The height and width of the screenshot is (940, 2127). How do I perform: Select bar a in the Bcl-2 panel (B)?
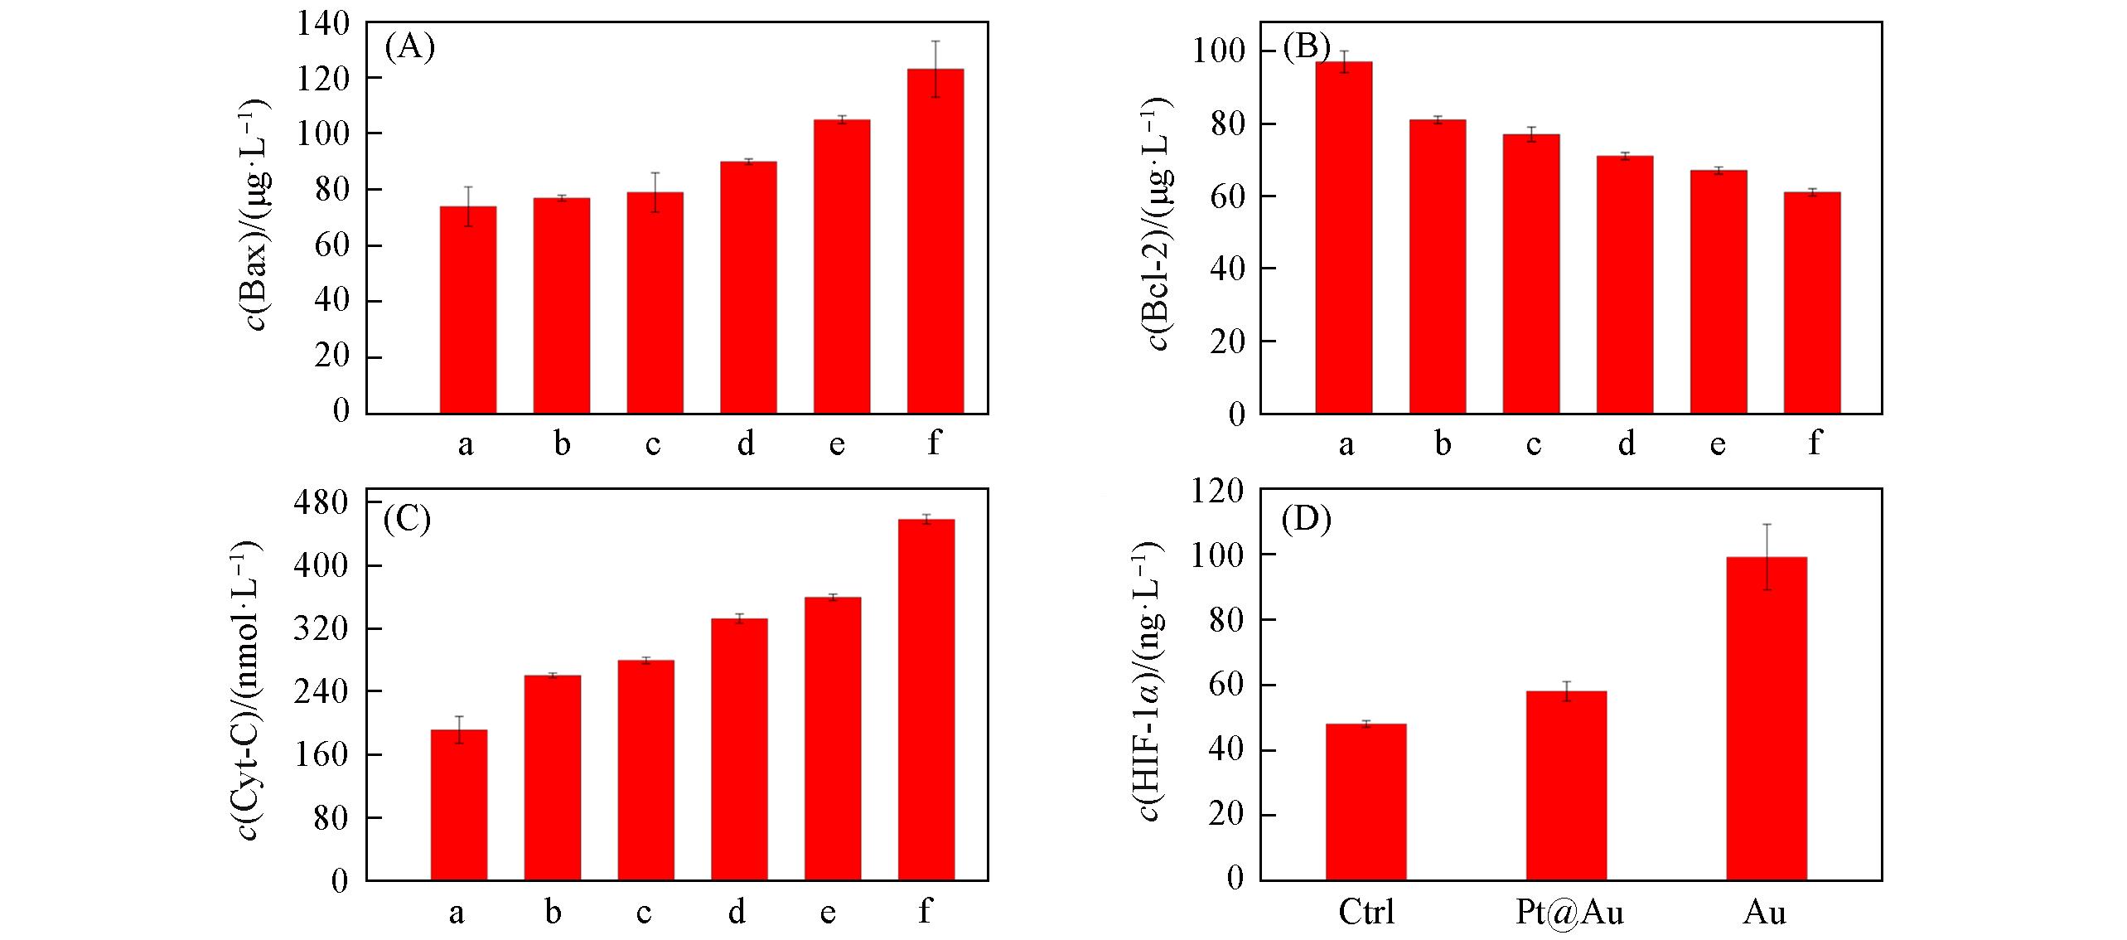(1343, 237)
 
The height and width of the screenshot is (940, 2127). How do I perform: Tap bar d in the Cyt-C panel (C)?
(739, 749)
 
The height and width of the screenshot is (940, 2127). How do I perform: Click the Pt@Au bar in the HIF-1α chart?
(1565, 785)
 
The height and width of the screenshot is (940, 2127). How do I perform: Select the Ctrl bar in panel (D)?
(1366, 802)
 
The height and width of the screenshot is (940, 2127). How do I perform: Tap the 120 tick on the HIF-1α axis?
(1219, 491)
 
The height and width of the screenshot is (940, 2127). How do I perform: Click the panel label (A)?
(409, 47)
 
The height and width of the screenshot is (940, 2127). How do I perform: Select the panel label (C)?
(406, 519)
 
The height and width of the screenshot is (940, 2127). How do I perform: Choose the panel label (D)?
(1307, 519)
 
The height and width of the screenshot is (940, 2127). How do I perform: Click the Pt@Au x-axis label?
(1569, 913)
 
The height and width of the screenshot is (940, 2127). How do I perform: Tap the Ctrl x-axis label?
(1366, 913)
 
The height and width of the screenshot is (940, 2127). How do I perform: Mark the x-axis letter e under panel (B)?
(1718, 444)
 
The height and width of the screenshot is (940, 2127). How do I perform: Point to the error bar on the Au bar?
(1767, 556)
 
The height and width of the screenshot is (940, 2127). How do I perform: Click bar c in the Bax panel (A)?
(655, 303)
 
